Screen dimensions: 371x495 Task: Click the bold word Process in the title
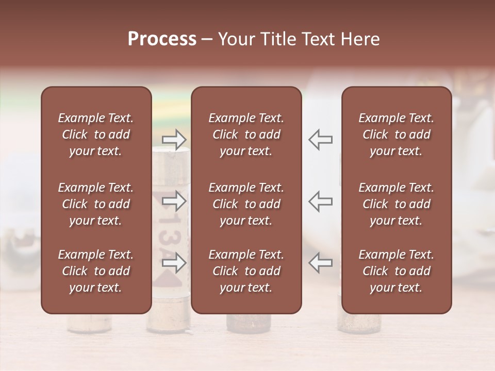(x=162, y=39)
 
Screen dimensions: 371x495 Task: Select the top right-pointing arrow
(x=174, y=140)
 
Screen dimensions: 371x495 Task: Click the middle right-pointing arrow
(x=174, y=201)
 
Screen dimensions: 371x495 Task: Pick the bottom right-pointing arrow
(x=174, y=263)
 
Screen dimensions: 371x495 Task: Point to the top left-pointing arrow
(x=320, y=140)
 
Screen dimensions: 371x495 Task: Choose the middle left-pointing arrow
(x=320, y=201)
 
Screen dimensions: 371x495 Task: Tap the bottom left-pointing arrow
(x=320, y=263)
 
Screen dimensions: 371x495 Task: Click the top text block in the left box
(x=96, y=134)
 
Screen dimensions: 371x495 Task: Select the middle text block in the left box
(x=96, y=204)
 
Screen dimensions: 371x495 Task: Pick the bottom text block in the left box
(x=96, y=271)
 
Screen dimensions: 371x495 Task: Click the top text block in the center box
(x=246, y=134)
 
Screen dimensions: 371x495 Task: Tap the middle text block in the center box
(x=246, y=204)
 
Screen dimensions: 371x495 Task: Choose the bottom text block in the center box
(x=246, y=271)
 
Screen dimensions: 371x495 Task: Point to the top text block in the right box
(x=396, y=134)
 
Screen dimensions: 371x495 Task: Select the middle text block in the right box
(x=396, y=204)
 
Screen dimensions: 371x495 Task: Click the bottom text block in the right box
(x=396, y=271)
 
